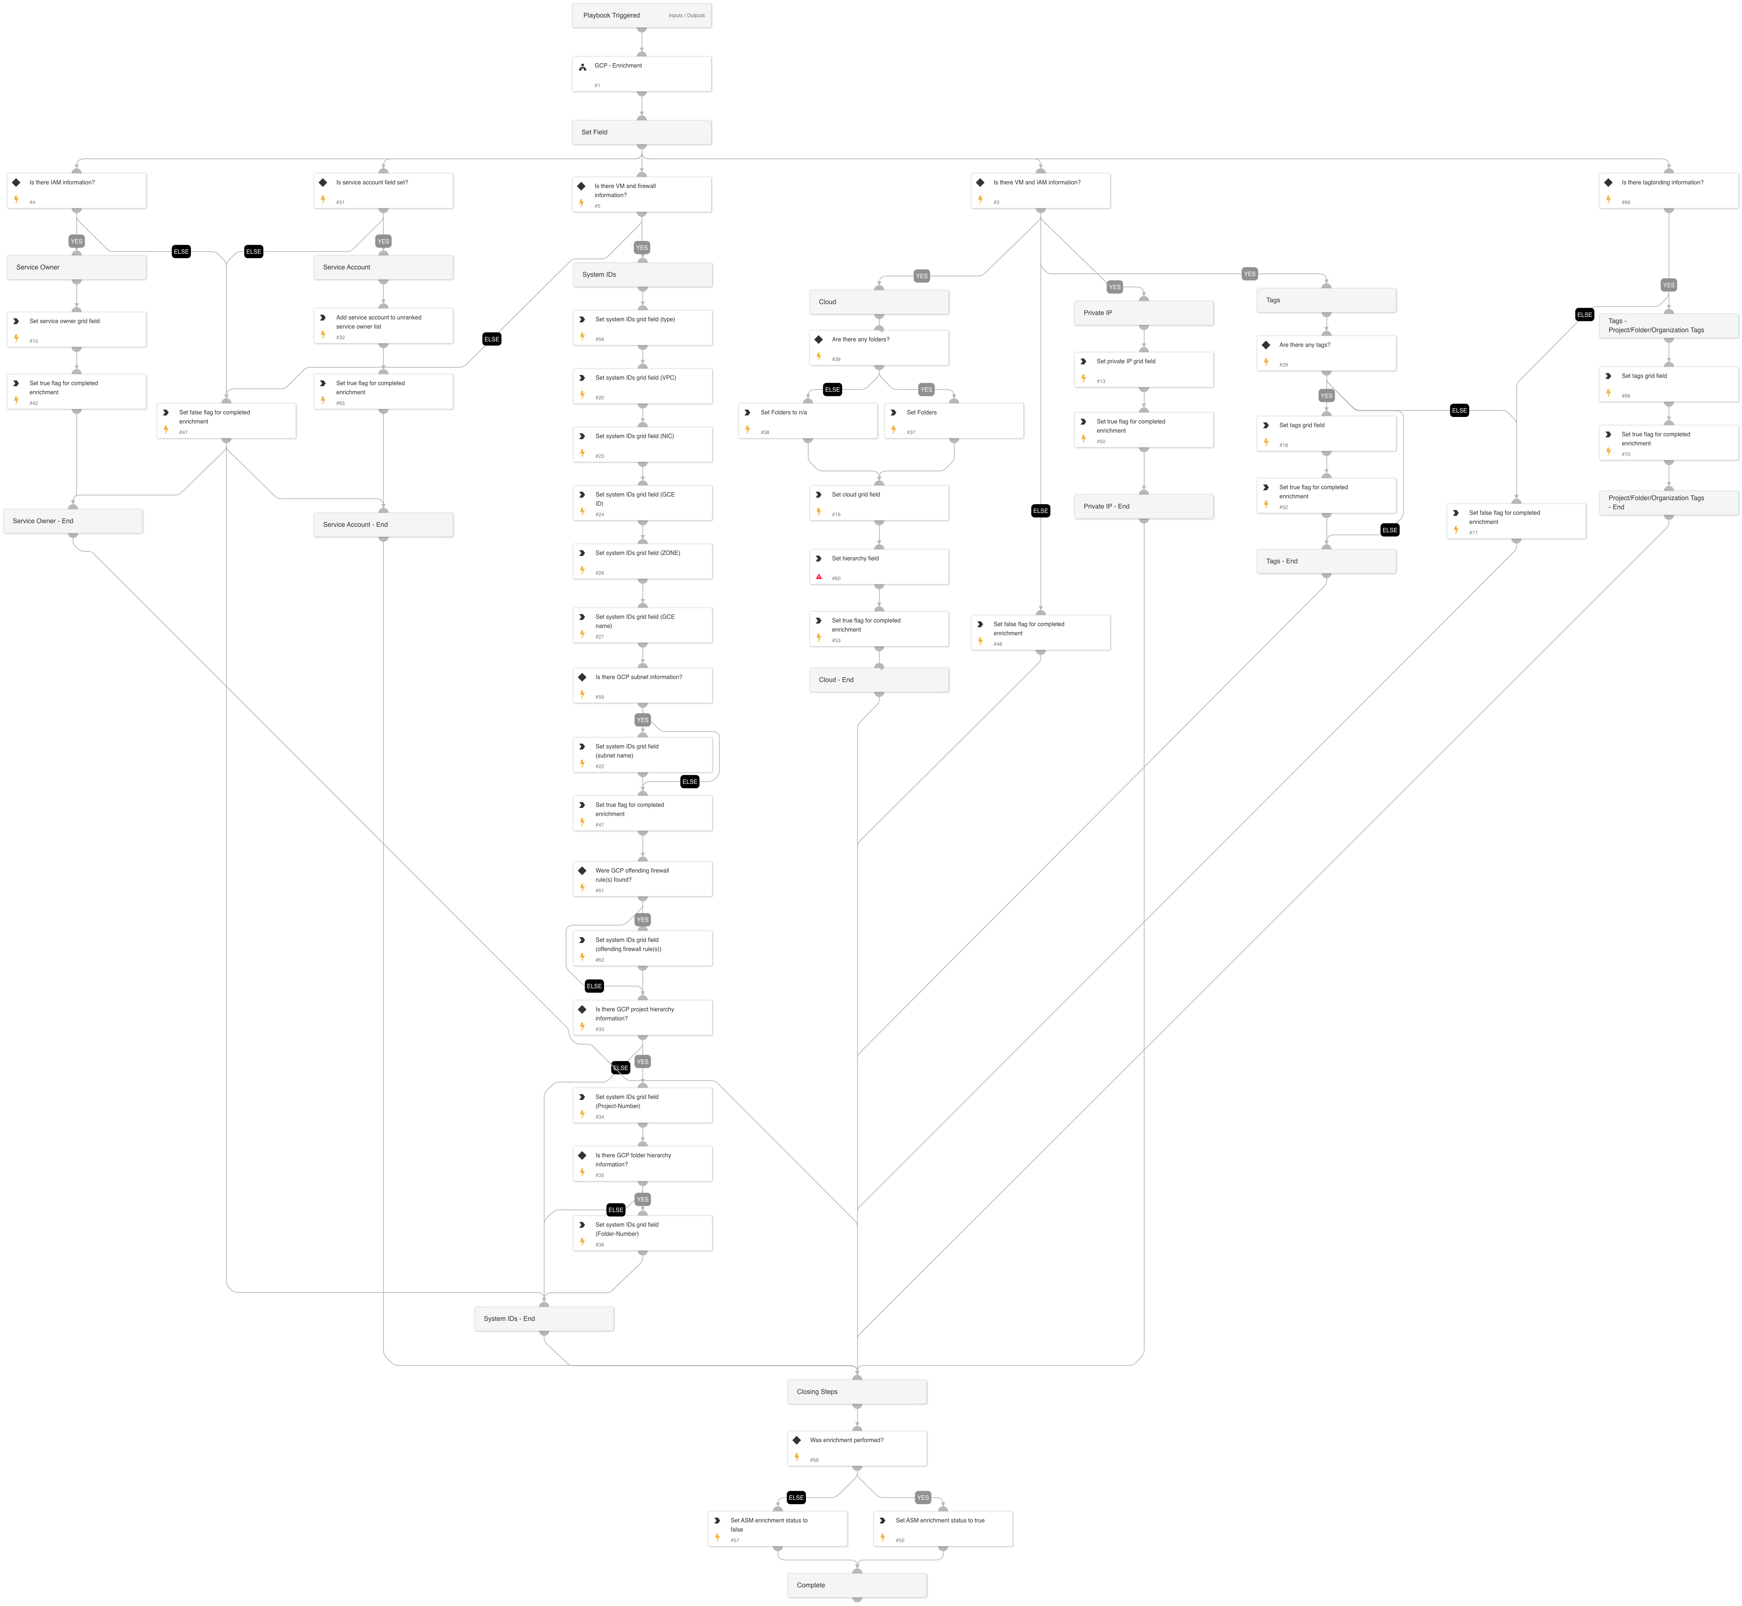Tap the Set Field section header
coord(642,132)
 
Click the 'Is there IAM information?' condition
coord(76,190)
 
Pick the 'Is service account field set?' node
coord(383,190)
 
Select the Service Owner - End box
coord(73,521)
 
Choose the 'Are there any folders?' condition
coord(879,348)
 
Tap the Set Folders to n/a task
coord(807,421)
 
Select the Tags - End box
coord(1326,561)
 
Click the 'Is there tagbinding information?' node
coord(1668,190)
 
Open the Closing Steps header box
coord(857,1391)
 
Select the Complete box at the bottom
coord(857,1585)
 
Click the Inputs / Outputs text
coord(687,16)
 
